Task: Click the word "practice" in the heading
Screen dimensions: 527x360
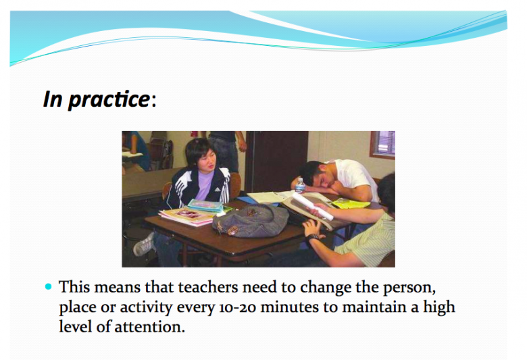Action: pos(109,99)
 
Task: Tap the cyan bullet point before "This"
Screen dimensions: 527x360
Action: pos(49,287)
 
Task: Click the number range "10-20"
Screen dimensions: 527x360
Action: pos(238,307)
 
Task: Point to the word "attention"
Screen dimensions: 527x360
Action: pos(149,327)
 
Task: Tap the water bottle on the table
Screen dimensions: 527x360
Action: pos(300,185)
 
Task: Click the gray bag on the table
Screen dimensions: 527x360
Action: pos(250,221)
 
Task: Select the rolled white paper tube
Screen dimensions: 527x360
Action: pos(313,206)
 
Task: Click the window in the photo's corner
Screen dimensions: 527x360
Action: pos(383,144)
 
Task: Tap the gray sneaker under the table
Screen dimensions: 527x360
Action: pos(145,244)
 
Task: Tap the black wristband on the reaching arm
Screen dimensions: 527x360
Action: pos(313,238)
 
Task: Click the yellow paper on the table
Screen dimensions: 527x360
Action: pos(351,203)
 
